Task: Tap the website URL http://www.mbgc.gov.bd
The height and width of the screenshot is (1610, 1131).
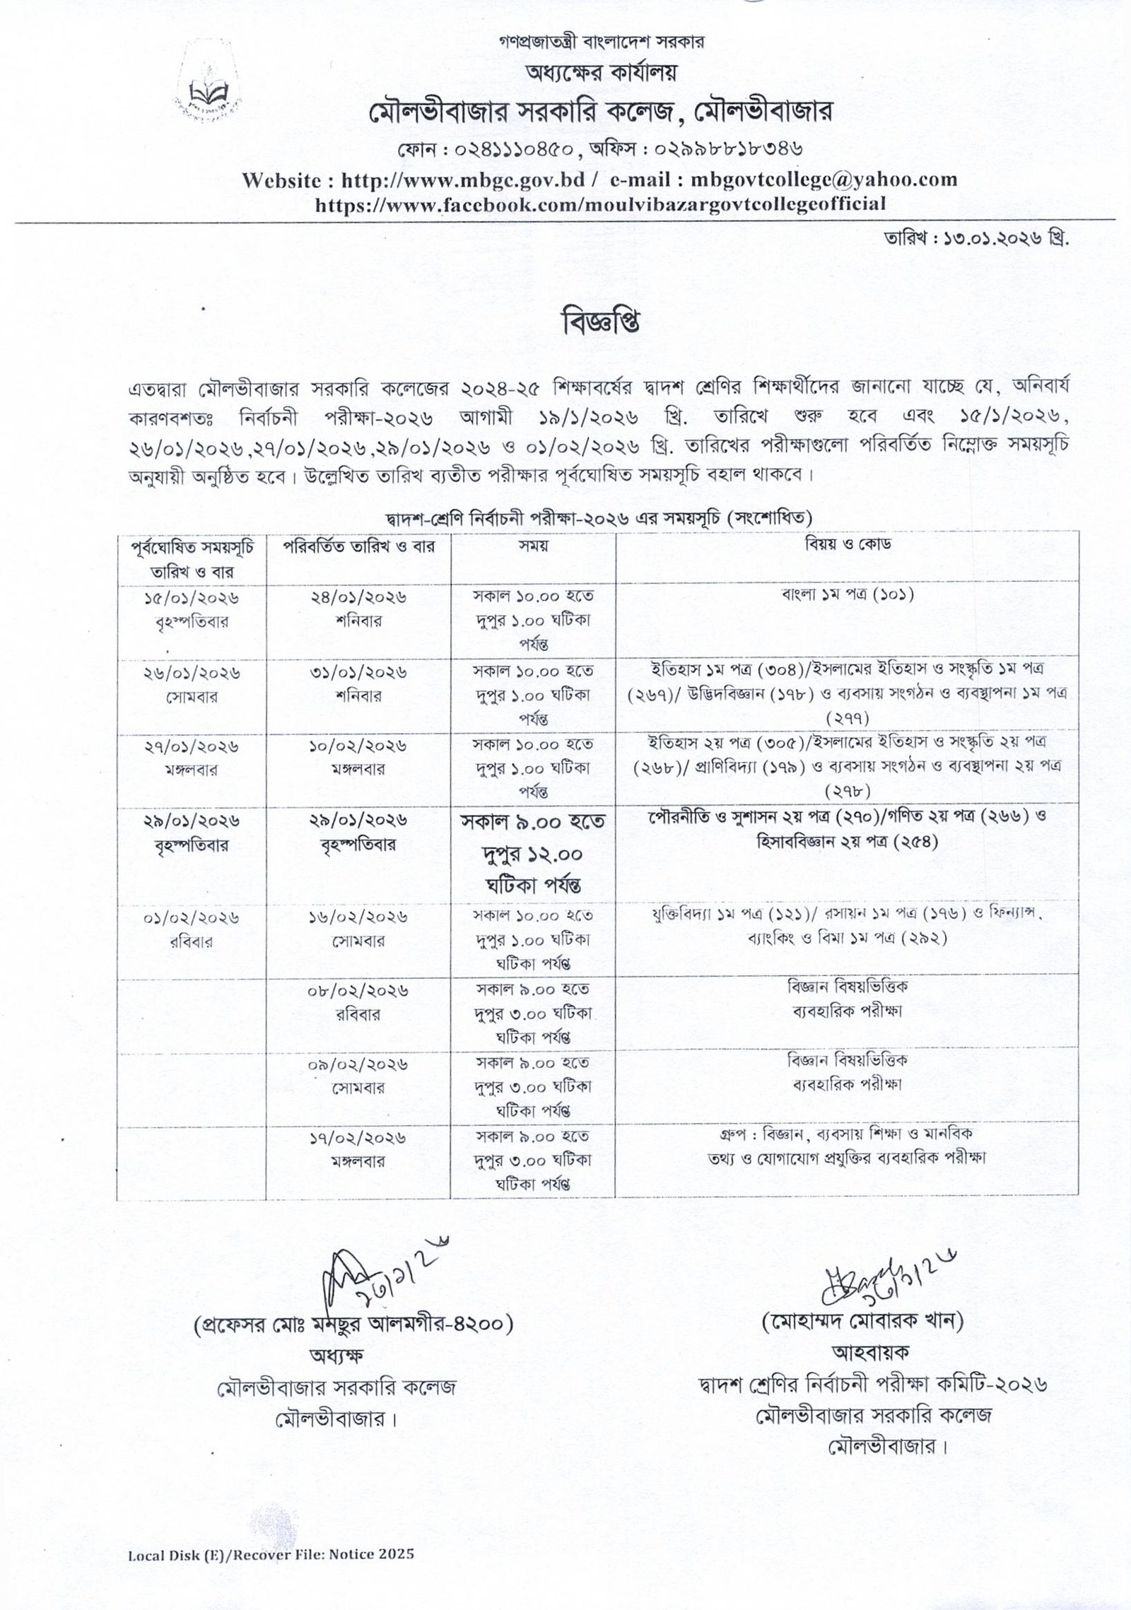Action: pos(463,180)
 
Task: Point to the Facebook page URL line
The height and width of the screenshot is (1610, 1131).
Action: pos(599,204)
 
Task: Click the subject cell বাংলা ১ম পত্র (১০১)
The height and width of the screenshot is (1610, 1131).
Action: pos(846,595)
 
